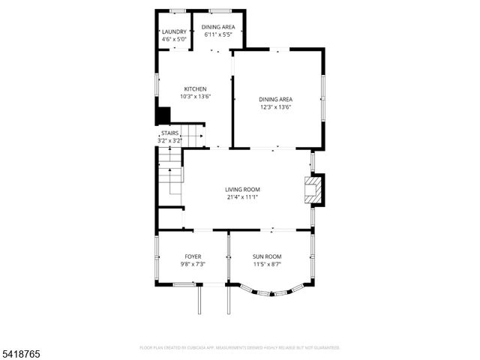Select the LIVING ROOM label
click(x=242, y=189)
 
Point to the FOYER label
click(x=193, y=256)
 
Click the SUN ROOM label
click(x=267, y=256)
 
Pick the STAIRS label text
click(x=170, y=133)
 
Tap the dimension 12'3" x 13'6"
click(x=275, y=107)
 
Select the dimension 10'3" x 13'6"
click(x=195, y=97)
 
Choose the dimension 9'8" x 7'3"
click(x=193, y=264)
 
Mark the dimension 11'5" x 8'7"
click(x=267, y=264)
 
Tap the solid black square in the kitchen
click(x=163, y=116)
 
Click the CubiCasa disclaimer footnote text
click(x=240, y=348)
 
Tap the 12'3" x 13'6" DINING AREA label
click(x=275, y=100)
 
